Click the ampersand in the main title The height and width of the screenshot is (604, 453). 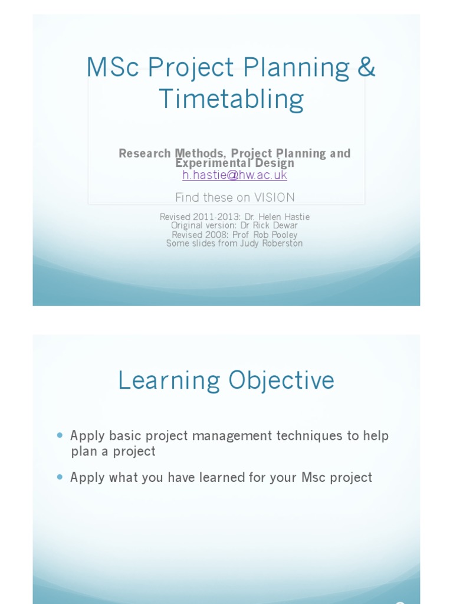coord(366,68)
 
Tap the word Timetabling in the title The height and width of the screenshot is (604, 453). coord(231,99)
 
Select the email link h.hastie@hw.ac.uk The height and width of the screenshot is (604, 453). coord(235,175)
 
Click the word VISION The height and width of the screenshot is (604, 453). coord(273,198)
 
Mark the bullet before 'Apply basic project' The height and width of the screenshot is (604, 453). coord(60,435)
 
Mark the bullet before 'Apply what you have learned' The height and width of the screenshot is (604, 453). coord(60,477)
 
